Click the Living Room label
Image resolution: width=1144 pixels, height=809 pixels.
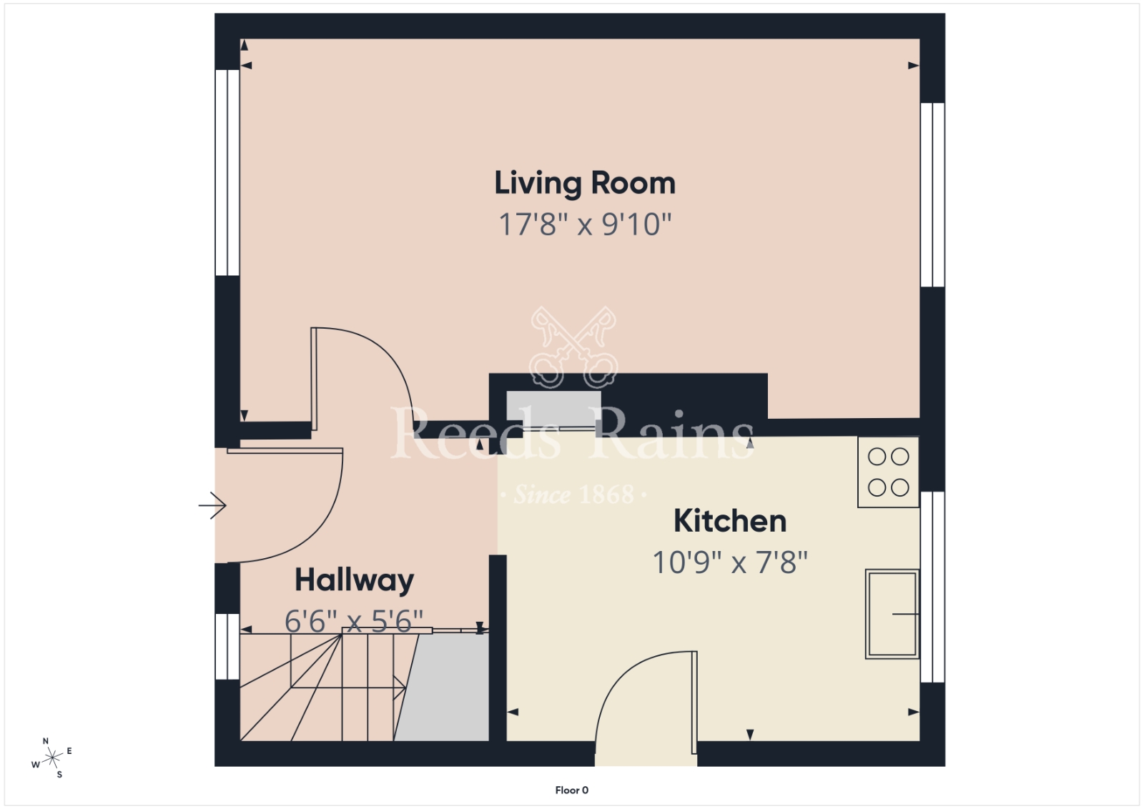pyautogui.click(x=585, y=184)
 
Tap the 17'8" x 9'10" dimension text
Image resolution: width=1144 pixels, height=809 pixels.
pyautogui.click(x=585, y=224)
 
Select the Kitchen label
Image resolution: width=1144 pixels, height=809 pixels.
pyautogui.click(x=730, y=521)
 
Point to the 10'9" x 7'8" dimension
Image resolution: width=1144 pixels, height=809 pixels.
pyautogui.click(x=730, y=562)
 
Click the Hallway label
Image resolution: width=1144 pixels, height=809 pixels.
pyautogui.click(x=355, y=581)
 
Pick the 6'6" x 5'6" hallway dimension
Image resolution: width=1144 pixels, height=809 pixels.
pyautogui.click(x=354, y=621)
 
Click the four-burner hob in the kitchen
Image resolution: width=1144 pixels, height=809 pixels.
pyautogui.click(x=888, y=472)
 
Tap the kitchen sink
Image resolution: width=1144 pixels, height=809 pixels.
pyautogui.click(x=892, y=614)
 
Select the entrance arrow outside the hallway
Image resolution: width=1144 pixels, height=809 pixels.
pyautogui.click(x=212, y=506)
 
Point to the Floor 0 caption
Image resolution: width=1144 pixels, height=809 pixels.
pyautogui.click(x=571, y=790)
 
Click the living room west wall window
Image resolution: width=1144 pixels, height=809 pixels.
pyautogui.click(x=227, y=172)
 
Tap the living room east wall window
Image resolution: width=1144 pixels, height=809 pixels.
pyautogui.click(x=932, y=195)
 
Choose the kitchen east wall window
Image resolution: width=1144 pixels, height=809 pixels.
pyautogui.click(x=932, y=587)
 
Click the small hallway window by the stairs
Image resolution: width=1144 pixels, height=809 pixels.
pyautogui.click(x=227, y=646)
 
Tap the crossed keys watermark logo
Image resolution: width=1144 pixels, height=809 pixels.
pyautogui.click(x=573, y=347)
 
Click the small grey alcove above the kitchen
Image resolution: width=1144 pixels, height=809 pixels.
pyautogui.click(x=553, y=409)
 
